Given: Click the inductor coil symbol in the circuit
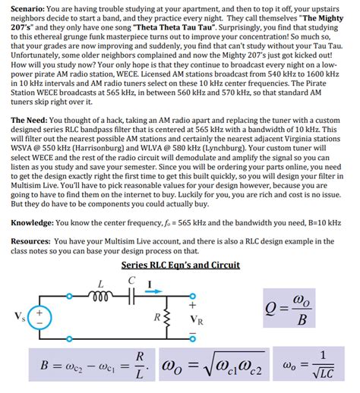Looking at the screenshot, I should click(101, 292).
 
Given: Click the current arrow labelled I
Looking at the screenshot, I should click(153, 285).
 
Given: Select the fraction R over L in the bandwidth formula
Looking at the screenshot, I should click(139, 363).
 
